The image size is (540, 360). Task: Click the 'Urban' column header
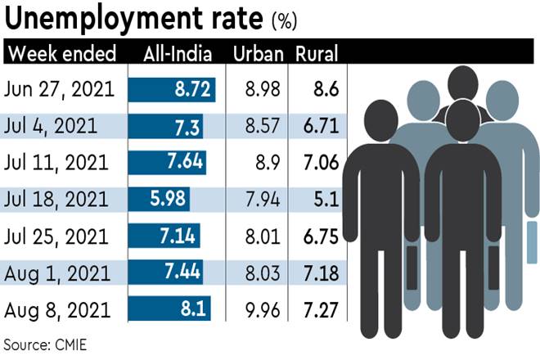tap(258, 55)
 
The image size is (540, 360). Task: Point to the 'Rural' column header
tap(317, 55)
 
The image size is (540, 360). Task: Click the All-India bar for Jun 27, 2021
tap(172, 89)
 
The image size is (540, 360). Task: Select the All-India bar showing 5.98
tap(159, 199)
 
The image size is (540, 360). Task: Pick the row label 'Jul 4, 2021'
tap(51, 126)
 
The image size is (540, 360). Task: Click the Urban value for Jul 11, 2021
tap(266, 163)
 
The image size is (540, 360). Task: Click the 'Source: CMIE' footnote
tap(46, 343)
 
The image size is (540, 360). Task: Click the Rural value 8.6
tap(325, 89)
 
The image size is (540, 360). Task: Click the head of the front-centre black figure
tap(462, 119)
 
